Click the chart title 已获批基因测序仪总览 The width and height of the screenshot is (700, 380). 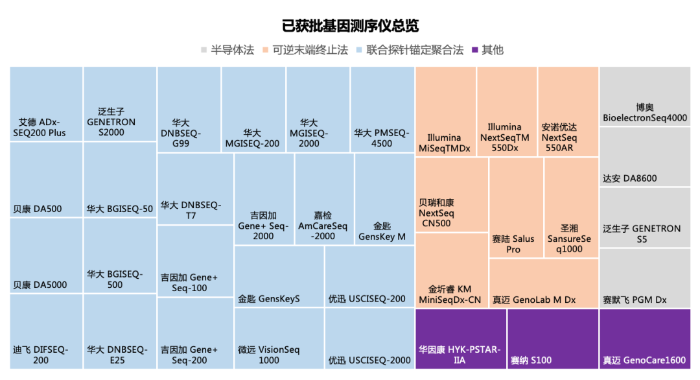350,26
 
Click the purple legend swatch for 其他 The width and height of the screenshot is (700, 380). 475,50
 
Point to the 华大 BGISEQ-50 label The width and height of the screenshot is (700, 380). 120,209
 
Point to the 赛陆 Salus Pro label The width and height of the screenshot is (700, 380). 513,244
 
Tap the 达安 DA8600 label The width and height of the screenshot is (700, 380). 630,178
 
